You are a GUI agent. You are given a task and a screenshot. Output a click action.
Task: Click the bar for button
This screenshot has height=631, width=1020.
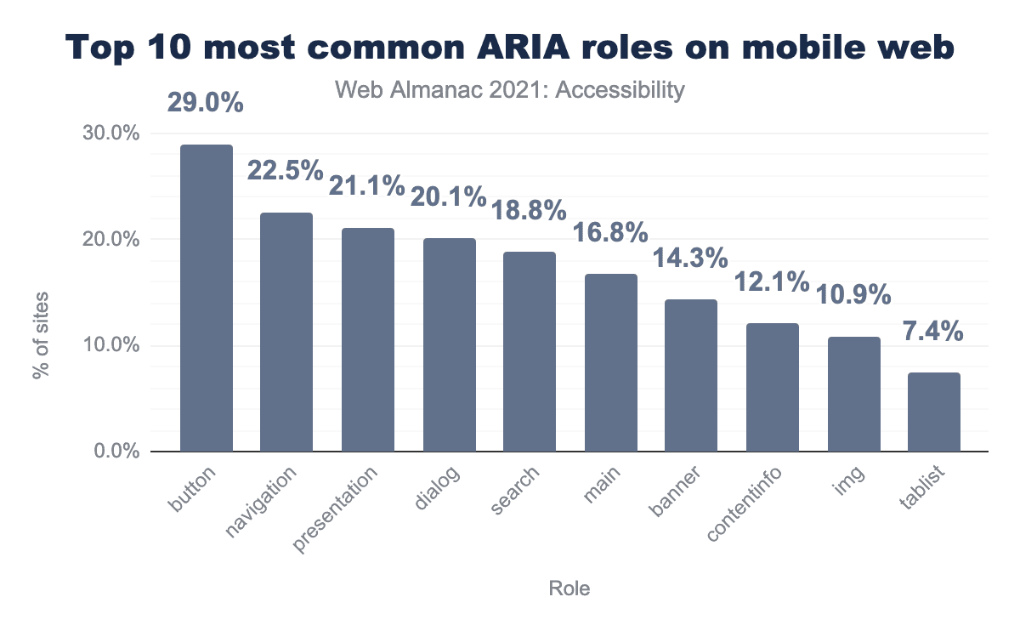pos(206,298)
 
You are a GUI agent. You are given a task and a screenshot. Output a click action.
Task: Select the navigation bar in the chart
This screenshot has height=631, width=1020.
pos(286,332)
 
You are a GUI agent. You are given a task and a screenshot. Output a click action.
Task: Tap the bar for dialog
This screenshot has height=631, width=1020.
pos(449,344)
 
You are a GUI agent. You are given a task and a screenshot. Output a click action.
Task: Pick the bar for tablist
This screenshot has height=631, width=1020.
pos(934,412)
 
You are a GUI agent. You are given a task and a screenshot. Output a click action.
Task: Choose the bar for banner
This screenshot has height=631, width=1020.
pos(691,375)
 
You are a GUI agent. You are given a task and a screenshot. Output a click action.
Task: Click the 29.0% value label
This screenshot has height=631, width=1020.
pos(206,104)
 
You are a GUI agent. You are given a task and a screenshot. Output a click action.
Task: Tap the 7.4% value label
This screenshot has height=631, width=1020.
pos(933,330)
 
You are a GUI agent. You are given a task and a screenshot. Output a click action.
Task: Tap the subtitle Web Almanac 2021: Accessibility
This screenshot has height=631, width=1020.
pos(510,90)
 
